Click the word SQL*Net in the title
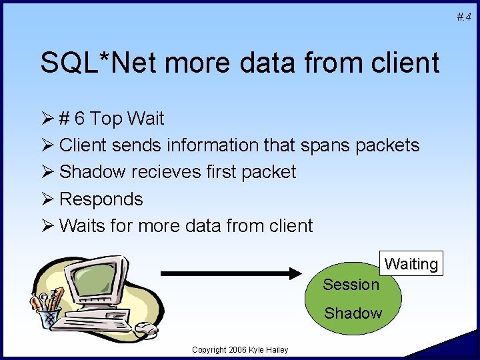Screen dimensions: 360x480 click(100, 63)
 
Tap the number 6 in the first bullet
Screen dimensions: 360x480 click(79, 119)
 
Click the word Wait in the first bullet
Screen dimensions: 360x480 click(145, 119)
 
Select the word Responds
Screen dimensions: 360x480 click(101, 199)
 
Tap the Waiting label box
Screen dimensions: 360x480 click(411, 264)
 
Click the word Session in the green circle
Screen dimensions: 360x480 click(351, 285)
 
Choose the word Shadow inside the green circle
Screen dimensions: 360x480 click(353, 313)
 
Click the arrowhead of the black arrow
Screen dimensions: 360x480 click(297, 272)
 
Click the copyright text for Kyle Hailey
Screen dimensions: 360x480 click(239, 350)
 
